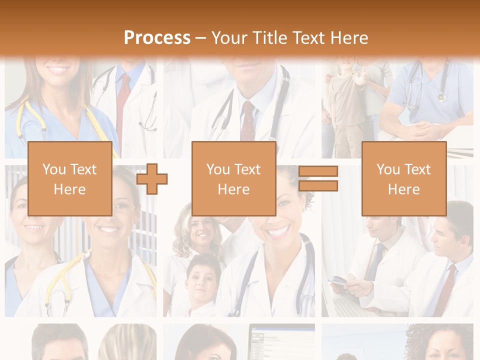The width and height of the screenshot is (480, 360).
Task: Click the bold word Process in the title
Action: (157, 38)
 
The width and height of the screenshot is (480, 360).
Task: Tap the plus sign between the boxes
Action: (151, 179)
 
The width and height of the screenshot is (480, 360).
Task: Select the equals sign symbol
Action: (318, 179)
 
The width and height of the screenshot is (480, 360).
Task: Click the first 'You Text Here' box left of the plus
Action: (69, 179)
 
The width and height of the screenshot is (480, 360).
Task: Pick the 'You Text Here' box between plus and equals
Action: (233, 179)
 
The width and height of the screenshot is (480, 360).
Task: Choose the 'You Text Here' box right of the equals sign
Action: (403, 179)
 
